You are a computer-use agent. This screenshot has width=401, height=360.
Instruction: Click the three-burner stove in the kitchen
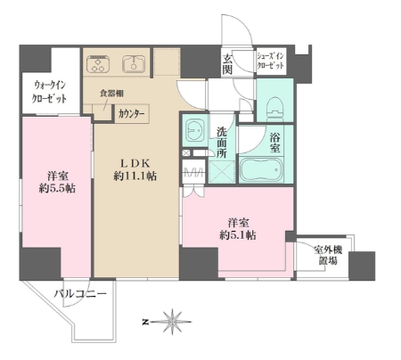click(98, 64)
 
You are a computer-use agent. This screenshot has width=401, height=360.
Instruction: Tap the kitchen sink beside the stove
click(134, 64)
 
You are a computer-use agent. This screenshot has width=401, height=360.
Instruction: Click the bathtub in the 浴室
click(261, 170)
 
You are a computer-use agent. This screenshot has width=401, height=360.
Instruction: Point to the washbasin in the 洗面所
click(194, 131)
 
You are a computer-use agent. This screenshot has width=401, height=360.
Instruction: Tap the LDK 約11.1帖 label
click(135, 170)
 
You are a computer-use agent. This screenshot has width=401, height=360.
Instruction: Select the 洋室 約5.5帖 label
click(57, 182)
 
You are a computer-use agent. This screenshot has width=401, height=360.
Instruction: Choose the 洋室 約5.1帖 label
click(238, 229)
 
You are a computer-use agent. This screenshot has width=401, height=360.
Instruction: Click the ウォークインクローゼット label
click(49, 92)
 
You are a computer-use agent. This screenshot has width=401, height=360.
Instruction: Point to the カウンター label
click(131, 114)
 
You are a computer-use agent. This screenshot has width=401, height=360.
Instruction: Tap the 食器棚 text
click(111, 94)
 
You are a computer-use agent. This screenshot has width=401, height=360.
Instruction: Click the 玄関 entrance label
click(227, 64)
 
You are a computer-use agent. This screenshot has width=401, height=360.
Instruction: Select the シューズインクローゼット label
click(270, 61)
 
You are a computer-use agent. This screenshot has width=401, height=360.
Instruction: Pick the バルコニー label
click(80, 294)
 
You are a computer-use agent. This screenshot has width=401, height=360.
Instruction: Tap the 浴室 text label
click(274, 143)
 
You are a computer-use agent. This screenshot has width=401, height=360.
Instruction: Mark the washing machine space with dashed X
click(222, 172)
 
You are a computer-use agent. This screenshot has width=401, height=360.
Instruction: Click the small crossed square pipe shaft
click(186, 153)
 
